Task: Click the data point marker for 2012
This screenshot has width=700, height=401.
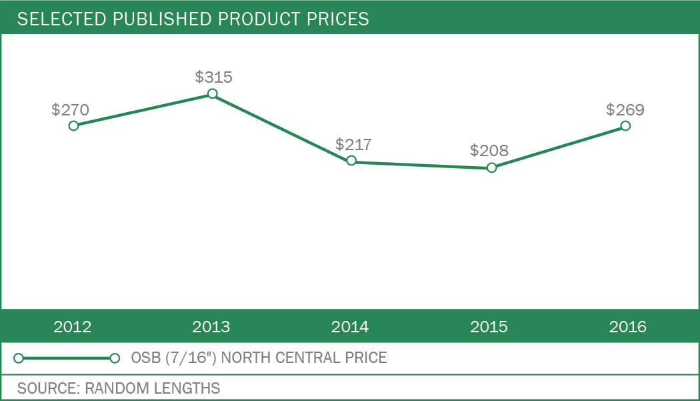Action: point(73,125)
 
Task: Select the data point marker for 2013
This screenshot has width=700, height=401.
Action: point(212,93)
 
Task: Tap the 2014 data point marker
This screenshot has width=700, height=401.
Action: point(351,161)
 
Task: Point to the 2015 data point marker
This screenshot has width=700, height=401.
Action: point(491,167)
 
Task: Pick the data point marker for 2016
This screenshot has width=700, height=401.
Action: point(625,125)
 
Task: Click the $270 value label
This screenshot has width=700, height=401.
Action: point(70,110)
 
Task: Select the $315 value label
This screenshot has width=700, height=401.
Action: point(213,77)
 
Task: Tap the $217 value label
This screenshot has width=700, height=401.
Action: point(353,144)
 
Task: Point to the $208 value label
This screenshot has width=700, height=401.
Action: point(489,151)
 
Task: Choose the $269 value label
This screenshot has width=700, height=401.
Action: point(625,109)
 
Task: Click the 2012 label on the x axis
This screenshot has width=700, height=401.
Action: point(73,327)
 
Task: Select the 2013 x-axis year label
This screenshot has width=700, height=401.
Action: point(211,327)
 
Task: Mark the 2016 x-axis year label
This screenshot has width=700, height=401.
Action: point(628,327)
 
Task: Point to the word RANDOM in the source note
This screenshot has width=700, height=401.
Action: point(113,388)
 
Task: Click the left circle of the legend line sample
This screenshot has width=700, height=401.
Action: point(19,358)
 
